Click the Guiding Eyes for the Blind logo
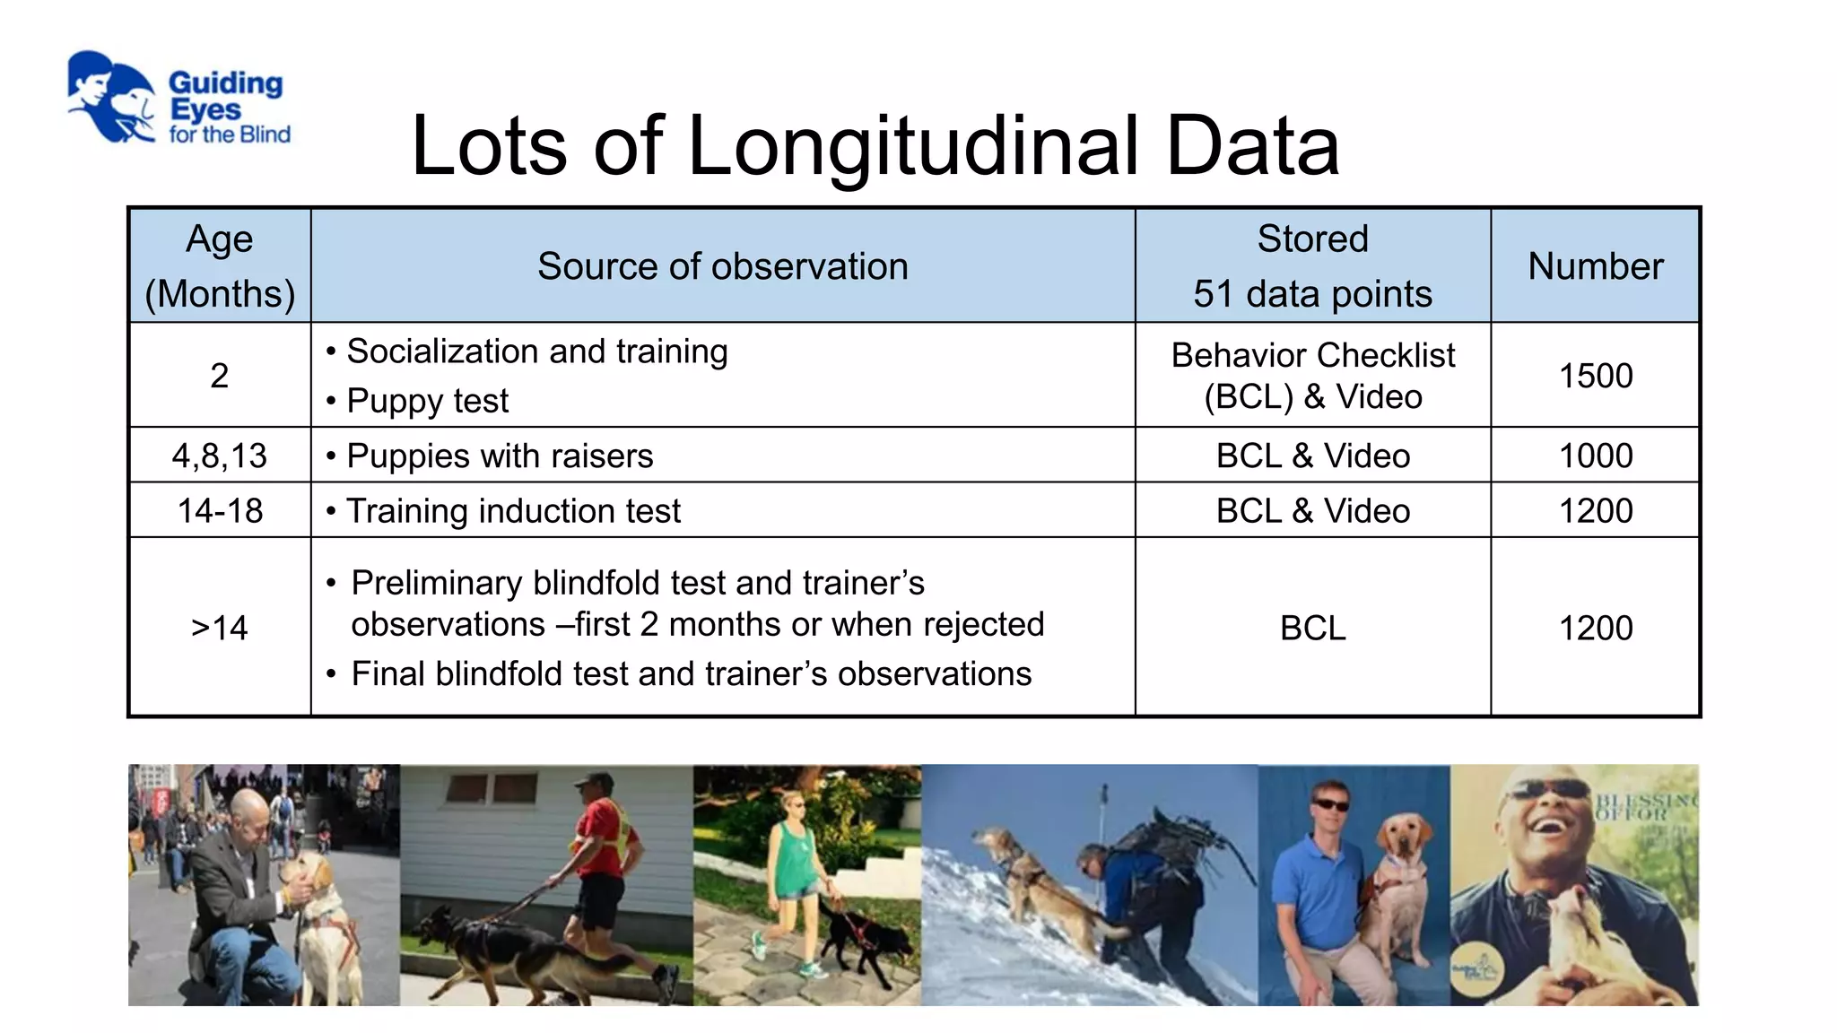[x=178, y=99]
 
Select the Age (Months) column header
[x=220, y=266]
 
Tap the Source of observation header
[x=722, y=266]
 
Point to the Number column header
[x=1595, y=266]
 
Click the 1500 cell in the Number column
[x=1595, y=376]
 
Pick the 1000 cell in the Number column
[x=1595, y=456]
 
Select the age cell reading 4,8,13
[x=220, y=456]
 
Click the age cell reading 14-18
[x=220, y=511]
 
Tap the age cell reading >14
[x=220, y=628]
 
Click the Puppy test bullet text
[x=427, y=401]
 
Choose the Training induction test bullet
[x=513, y=511]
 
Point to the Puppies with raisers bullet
[x=500, y=456]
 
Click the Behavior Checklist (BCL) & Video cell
[x=1312, y=376]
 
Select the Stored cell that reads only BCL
[x=1312, y=628]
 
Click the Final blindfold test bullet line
[x=691, y=674]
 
